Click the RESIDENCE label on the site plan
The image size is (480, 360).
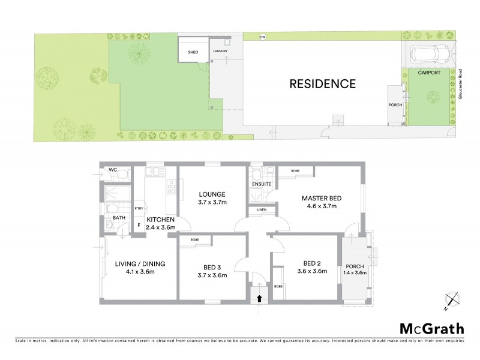[323, 84]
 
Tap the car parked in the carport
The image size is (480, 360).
[430, 55]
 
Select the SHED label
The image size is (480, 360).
[193, 52]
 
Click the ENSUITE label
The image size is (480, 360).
[262, 183]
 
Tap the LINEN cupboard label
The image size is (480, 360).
[261, 209]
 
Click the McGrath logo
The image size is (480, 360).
[431, 328]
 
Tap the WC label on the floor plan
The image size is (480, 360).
[112, 170]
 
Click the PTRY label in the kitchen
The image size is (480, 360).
[139, 209]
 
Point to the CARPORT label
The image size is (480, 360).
[429, 73]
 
